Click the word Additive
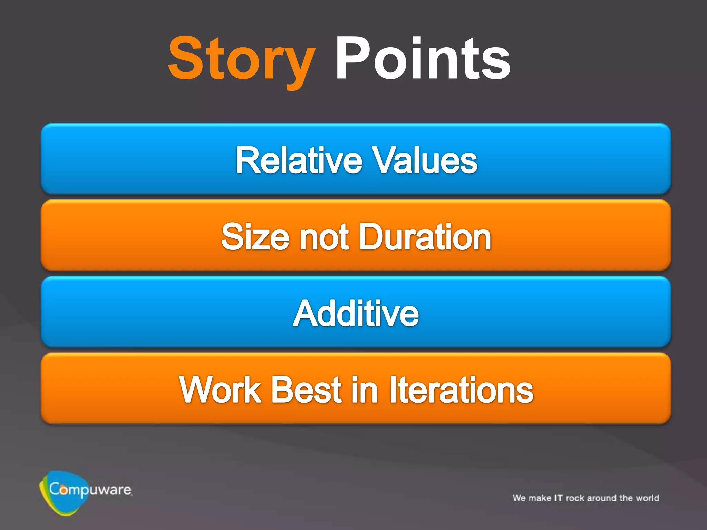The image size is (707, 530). pos(356,313)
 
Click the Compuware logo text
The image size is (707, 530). pos(90,490)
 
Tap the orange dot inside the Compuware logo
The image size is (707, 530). pos(64,490)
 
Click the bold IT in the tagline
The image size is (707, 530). pos(558,498)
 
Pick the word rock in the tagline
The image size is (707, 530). pos(575,498)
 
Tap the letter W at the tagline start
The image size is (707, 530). pos(516,498)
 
